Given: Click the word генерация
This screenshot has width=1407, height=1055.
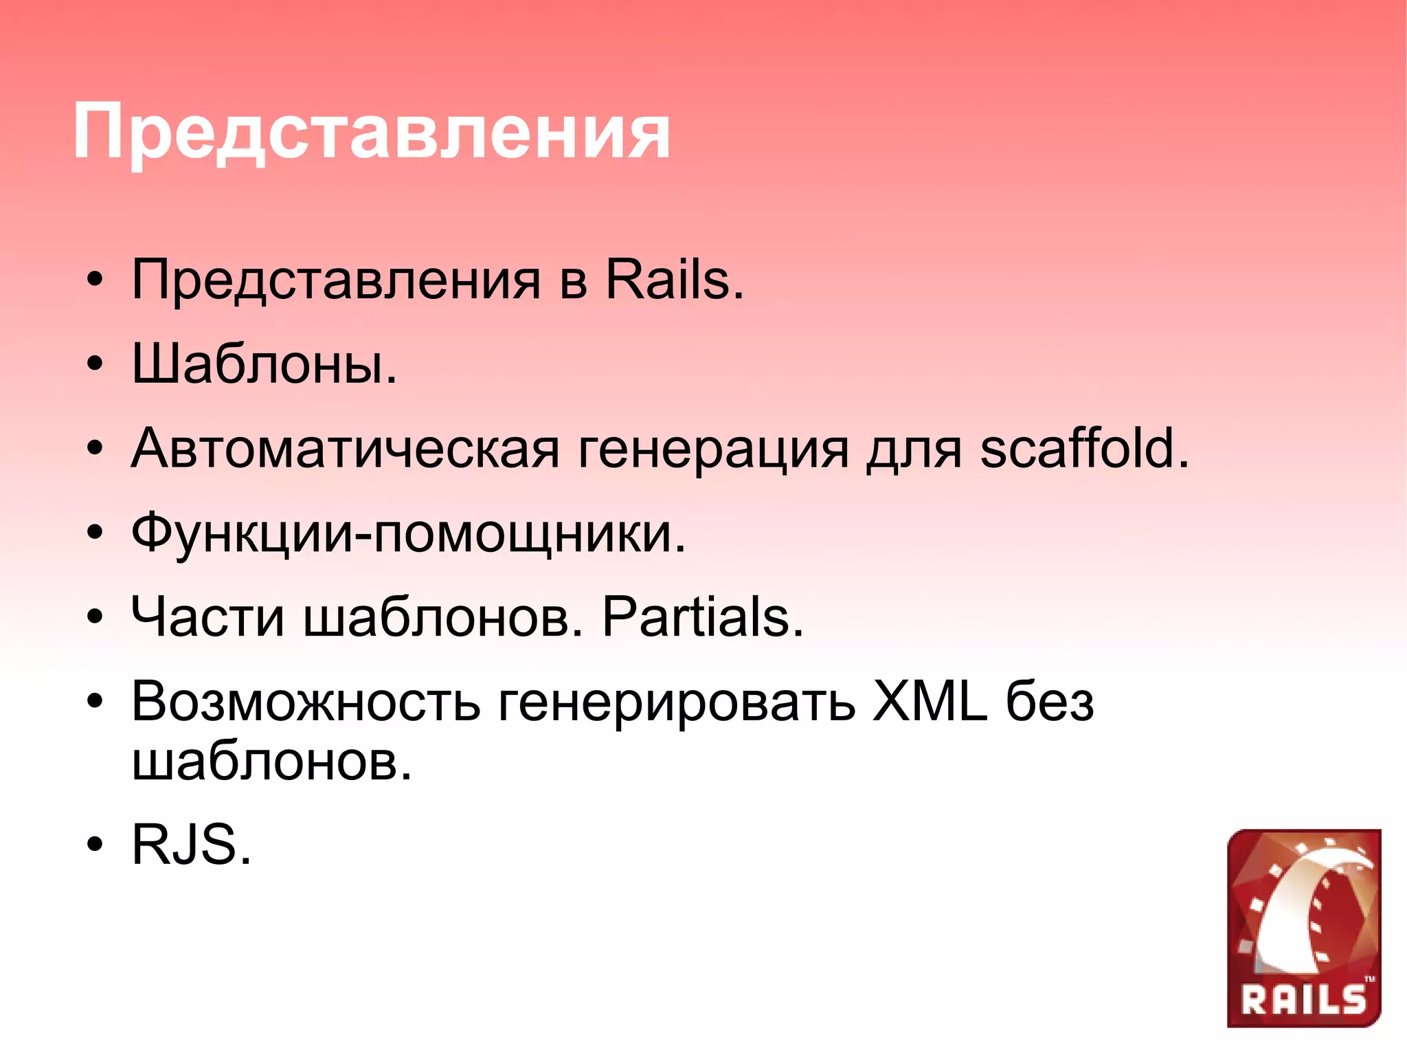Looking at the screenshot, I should pos(714,451).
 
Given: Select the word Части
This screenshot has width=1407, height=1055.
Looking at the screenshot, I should pos(207,617).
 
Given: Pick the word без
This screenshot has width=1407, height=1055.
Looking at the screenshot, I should pos(1050,702).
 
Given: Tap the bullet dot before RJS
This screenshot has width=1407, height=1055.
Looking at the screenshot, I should pos(95,845).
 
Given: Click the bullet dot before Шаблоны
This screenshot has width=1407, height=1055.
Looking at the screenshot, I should pos(95,364).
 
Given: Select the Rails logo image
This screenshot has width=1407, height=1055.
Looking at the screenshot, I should pos(1303,928).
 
